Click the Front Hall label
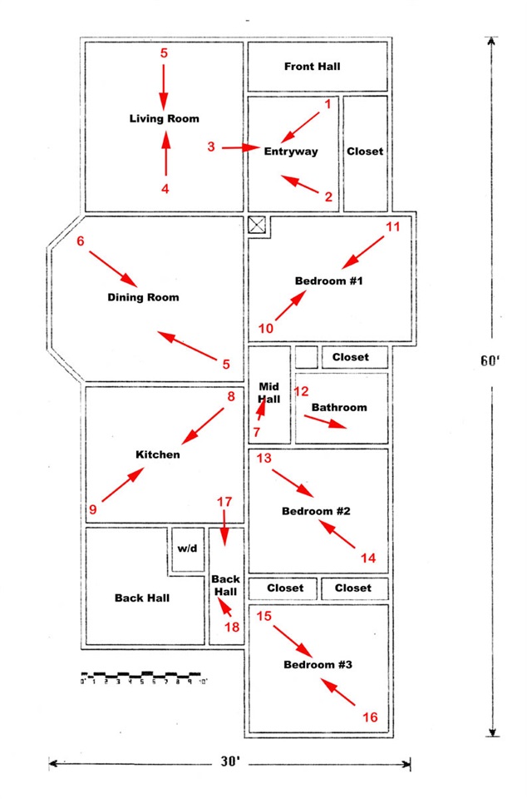pyautogui.click(x=312, y=67)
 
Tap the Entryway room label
pyautogui.click(x=290, y=151)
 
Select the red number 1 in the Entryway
pyautogui.click(x=328, y=104)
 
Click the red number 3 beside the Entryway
pyautogui.click(x=211, y=146)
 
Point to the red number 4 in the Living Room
pyautogui.click(x=165, y=189)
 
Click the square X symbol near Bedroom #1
pyautogui.click(x=257, y=225)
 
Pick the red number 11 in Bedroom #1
pyautogui.click(x=392, y=226)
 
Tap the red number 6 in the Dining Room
pyautogui.click(x=81, y=241)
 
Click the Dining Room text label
pyautogui.click(x=143, y=297)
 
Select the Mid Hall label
pyautogui.click(x=268, y=393)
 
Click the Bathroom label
pyautogui.click(x=339, y=407)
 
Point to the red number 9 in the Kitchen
pyautogui.click(x=92, y=509)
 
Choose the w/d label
pyautogui.click(x=187, y=548)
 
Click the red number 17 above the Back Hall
pyautogui.click(x=224, y=502)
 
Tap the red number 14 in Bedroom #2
pyautogui.click(x=368, y=558)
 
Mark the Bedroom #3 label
pyautogui.click(x=318, y=664)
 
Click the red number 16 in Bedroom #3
pyautogui.click(x=370, y=717)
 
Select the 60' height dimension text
pyautogui.click(x=490, y=360)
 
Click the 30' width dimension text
pyautogui.click(x=230, y=762)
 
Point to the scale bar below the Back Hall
pyautogui.click(x=144, y=677)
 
